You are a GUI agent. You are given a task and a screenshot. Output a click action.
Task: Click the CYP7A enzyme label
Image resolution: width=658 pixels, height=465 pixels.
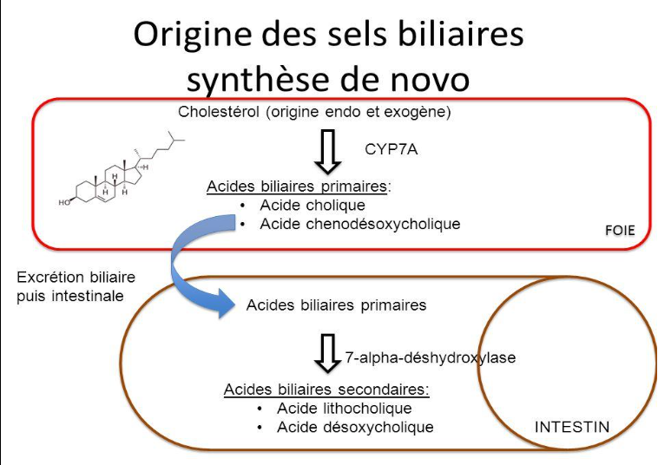[x=392, y=148]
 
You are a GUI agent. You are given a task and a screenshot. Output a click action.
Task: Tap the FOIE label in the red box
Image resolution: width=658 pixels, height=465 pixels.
[x=620, y=231]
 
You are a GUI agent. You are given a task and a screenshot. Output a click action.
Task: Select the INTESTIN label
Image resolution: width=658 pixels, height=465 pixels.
[x=572, y=427]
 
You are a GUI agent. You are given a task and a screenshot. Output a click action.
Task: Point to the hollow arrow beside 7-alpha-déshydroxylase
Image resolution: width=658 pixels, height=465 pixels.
[x=326, y=353]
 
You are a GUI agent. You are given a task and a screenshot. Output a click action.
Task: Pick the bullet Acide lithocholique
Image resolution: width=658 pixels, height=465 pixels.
[x=344, y=408]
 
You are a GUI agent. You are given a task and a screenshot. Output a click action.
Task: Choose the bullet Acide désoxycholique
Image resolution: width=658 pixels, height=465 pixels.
[x=355, y=427]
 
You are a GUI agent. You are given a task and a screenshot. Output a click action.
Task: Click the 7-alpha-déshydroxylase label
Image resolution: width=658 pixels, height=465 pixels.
[x=430, y=357]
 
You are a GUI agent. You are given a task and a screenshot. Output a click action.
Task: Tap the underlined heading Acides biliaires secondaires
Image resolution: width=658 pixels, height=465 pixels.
[x=326, y=389]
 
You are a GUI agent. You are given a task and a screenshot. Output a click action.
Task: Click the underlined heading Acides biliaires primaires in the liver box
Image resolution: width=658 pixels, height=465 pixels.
[x=299, y=187]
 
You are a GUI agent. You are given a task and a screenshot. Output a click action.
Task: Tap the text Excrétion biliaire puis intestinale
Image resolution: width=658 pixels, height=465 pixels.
[x=76, y=287]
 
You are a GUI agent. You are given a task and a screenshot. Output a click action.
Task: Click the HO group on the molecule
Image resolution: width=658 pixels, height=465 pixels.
[x=65, y=202]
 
